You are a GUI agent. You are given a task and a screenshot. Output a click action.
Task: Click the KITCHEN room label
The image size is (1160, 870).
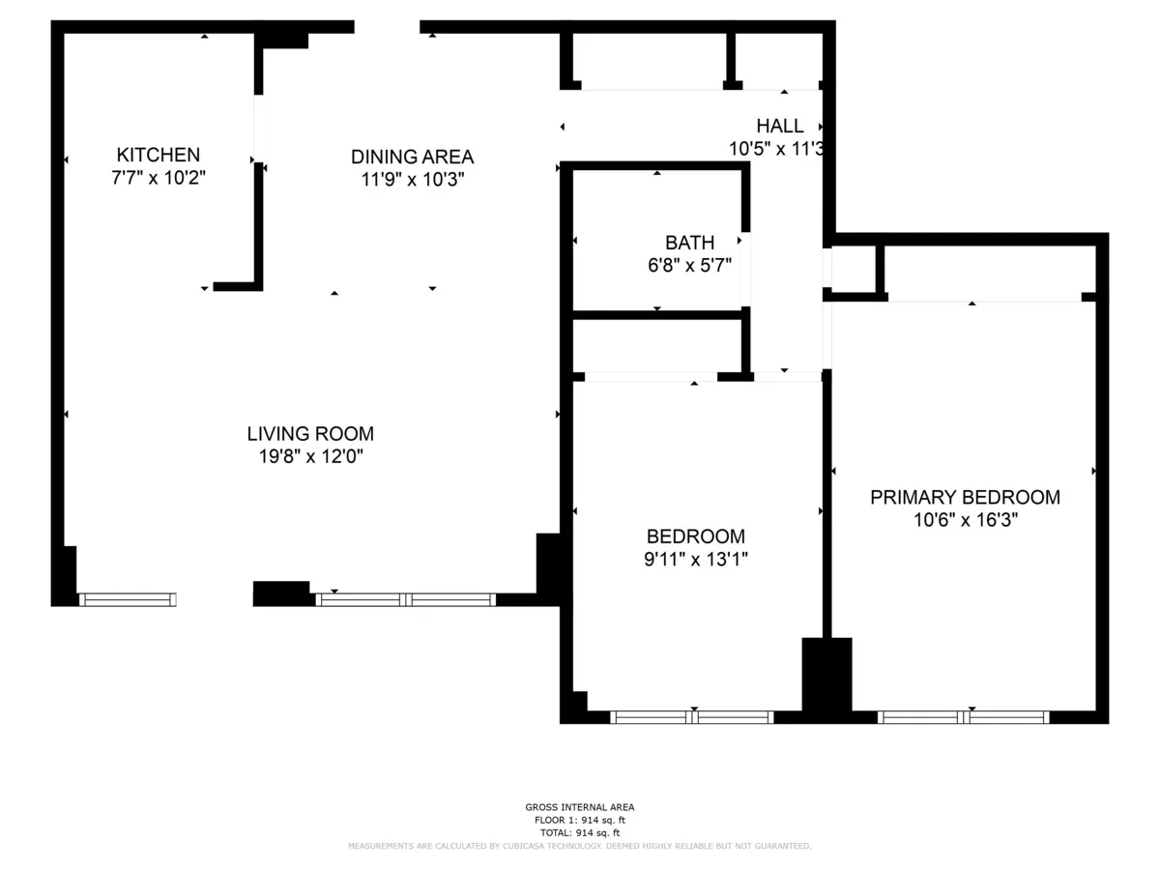tap(159, 155)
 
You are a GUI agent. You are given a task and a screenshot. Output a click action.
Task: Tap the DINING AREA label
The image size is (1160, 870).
tap(412, 157)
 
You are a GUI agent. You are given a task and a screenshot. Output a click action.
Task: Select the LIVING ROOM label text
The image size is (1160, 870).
tap(310, 434)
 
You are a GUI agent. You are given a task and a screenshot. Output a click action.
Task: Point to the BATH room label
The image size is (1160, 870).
tap(689, 243)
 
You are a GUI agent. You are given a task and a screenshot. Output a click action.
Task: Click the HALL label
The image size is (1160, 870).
tap(779, 126)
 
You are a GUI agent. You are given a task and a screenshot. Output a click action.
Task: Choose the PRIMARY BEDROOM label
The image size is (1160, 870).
tap(965, 497)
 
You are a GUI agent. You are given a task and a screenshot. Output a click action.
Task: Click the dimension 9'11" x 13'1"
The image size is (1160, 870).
tap(696, 558)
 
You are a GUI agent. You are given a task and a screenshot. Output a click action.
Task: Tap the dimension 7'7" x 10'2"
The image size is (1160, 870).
tap(159, 178)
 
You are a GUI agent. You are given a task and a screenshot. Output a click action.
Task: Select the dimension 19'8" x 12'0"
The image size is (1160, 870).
tap(310, 456)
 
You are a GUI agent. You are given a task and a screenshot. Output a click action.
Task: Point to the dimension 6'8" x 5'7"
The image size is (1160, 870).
tap(689, 265)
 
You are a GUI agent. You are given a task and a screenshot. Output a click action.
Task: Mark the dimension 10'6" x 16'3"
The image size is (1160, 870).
tap(965, 519)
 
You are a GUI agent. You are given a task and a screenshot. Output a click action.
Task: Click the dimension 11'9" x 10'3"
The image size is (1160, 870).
tap(412, 179)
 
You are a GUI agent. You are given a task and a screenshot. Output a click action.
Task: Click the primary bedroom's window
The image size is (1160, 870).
tap(963, 717)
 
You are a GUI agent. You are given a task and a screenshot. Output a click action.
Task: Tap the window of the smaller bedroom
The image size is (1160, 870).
tap(692, 717)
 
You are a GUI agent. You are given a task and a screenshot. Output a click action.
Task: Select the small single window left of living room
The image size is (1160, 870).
tap(128, 599)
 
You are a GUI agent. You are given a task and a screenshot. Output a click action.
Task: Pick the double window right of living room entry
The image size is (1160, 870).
tap(406, 599)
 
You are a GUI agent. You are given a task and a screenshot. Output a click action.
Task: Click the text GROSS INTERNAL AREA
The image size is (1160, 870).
tap(580, 807)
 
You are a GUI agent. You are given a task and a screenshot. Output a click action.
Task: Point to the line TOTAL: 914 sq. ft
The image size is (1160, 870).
tap(580, 832)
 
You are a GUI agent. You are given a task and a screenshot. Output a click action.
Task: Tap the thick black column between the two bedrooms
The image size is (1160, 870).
tap(826, 680)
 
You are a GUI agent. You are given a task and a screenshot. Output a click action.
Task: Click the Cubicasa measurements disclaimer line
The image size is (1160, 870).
tap(580, 846)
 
